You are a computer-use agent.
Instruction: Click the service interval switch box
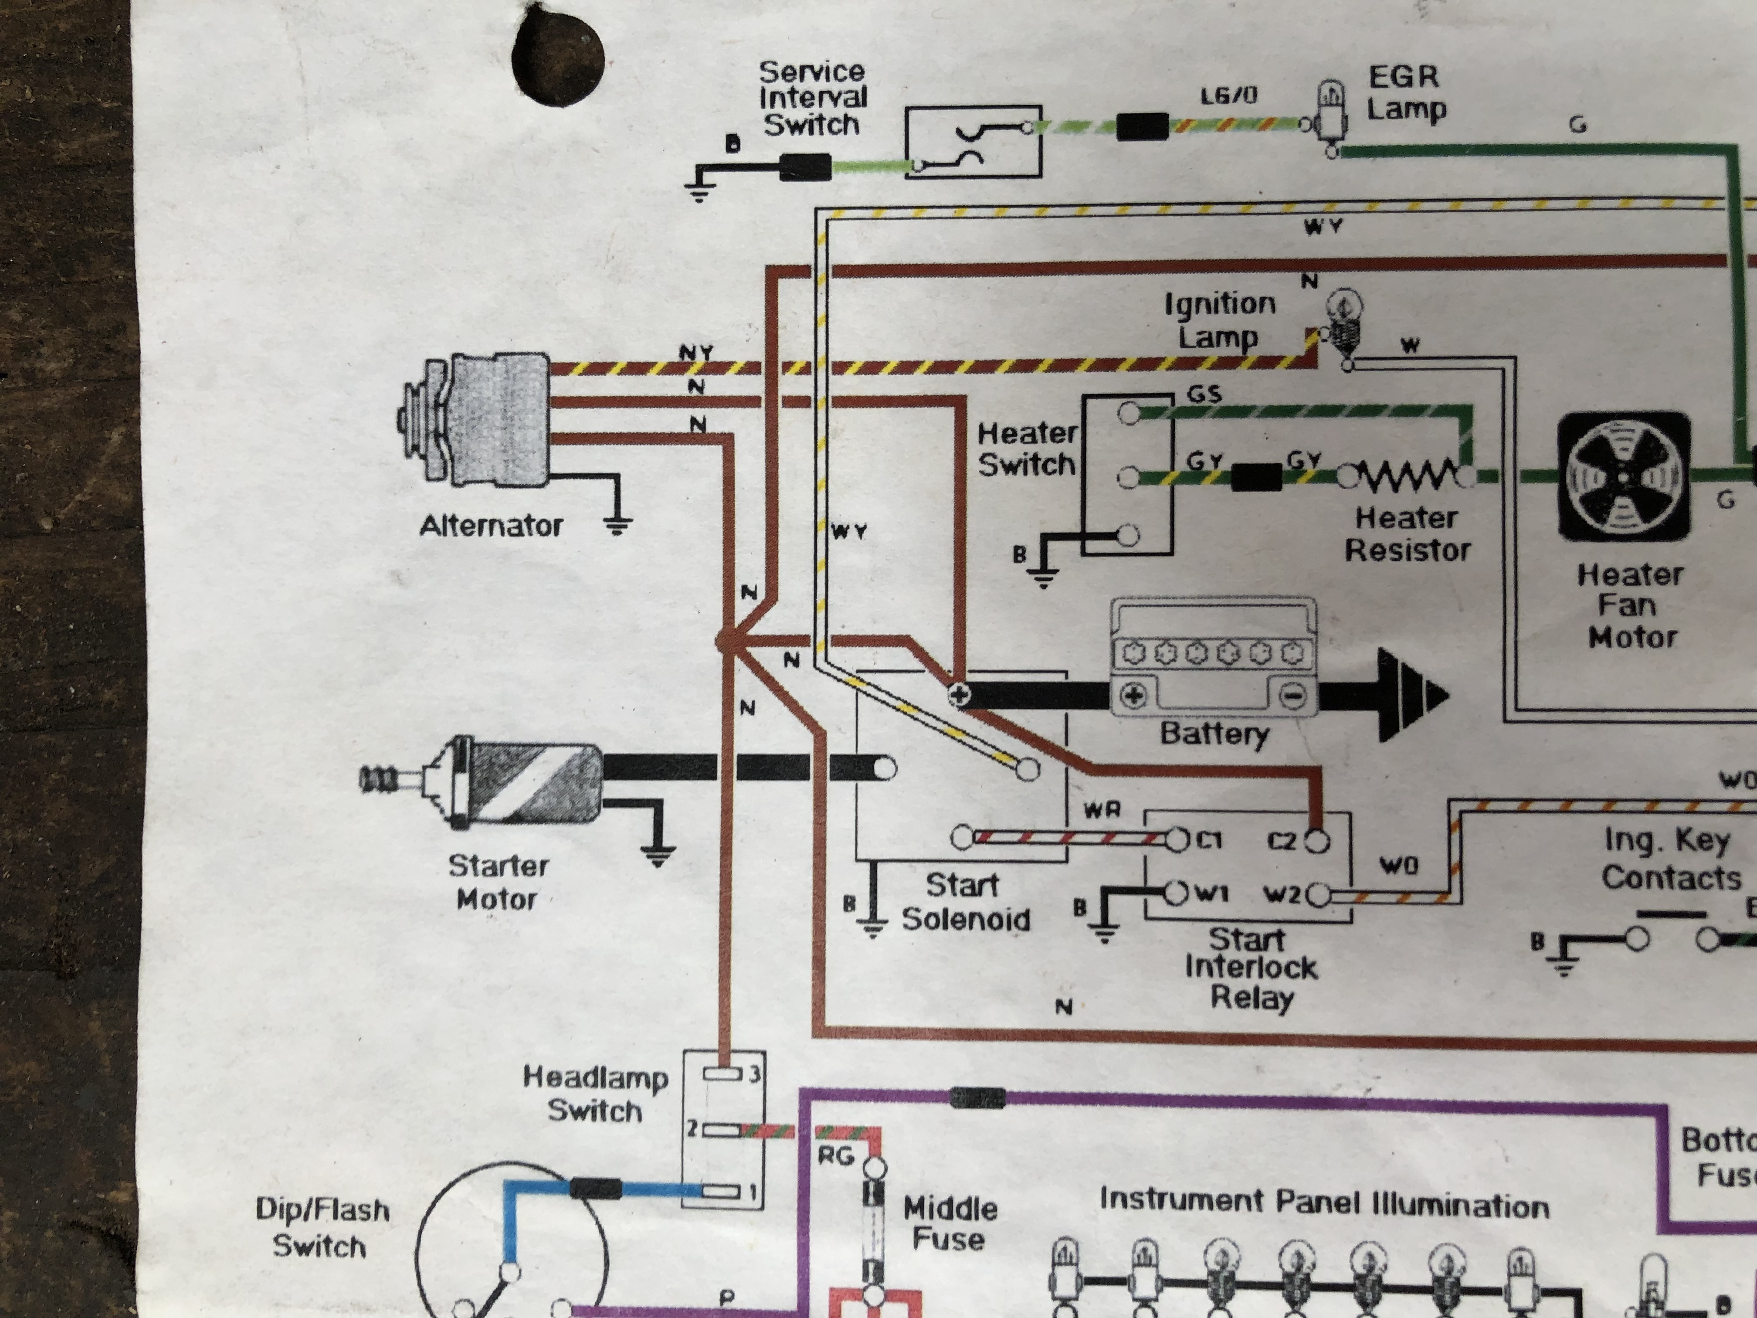click(973, 141)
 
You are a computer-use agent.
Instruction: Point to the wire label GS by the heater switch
click(1204, 394)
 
